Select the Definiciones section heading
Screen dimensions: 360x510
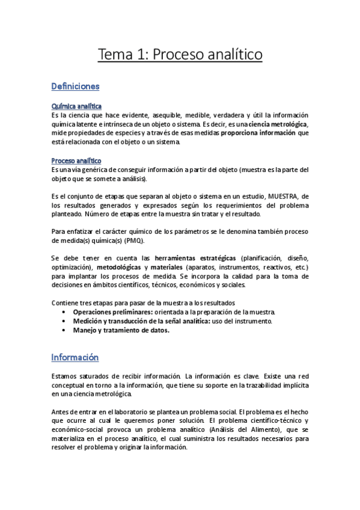coord(76,87)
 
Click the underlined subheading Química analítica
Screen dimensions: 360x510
coord(76,106)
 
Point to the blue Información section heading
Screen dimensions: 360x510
coord(75,357)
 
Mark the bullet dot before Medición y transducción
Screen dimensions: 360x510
coord(65,321)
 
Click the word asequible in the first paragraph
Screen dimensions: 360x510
coord(169,115)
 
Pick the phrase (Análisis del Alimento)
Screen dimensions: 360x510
coord(237,430)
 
